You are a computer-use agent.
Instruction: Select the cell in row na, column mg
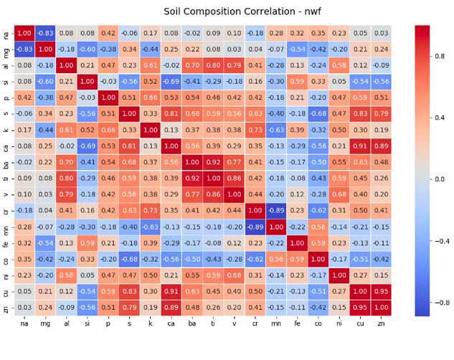(44, 32)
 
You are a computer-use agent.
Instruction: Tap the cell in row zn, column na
(24, 308)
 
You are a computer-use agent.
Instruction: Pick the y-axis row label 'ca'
(6, 146)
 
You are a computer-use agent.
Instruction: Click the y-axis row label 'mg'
(6, 49)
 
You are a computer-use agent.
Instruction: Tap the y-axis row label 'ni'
(6, 276)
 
